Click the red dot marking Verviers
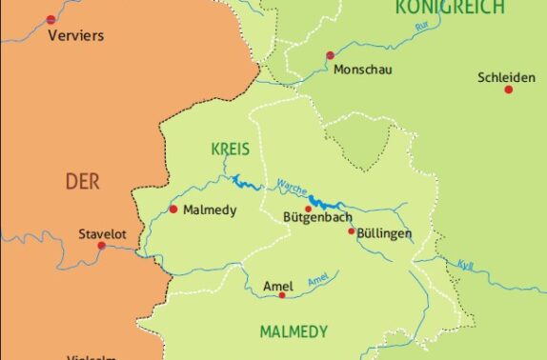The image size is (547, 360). coord(51,17)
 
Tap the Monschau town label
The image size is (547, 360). coord(362,70)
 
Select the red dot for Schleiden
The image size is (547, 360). coord(508,89)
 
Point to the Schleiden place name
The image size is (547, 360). coord(508,77)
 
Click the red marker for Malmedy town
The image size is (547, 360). coord(172,209)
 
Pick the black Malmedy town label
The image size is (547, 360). coord(209,210)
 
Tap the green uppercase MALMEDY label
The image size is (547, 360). coord(294,332)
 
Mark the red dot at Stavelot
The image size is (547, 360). coord(102,246)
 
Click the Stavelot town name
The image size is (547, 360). coord(102,232)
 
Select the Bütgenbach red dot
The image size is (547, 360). coord(308,209)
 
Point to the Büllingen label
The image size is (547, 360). coord(386,233)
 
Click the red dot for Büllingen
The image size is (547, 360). coord(351,230)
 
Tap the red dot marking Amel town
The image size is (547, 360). coord(282,295)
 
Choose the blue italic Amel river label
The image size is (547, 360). coord(318,278)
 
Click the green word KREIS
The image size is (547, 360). coord(230,150)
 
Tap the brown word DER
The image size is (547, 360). coord(82,181)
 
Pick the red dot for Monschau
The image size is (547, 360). coord(330,55)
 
